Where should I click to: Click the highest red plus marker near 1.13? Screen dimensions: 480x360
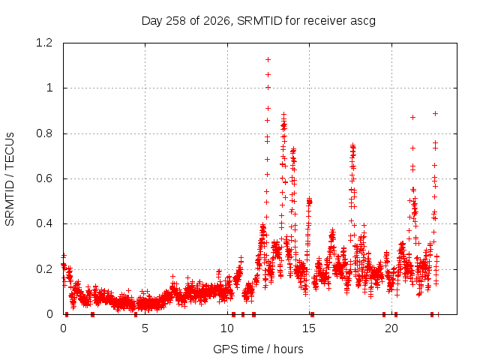pos(268,59)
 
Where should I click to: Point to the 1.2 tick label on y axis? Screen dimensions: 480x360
pos(44,43)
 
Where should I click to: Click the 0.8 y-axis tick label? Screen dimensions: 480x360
pos(44,133)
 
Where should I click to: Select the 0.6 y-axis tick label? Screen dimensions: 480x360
pos(44,178)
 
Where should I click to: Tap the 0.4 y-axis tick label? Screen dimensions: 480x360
pos(44,223)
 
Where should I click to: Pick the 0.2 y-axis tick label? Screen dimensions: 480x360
pos(44,269)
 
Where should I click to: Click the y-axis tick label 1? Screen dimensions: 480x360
pos(49,88)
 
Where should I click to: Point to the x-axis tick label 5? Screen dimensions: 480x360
pos(145,328)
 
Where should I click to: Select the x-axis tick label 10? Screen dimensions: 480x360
pos(227,328)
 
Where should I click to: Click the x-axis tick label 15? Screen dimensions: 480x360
pos(309,328)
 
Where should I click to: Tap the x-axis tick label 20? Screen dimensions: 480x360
pos(391,328)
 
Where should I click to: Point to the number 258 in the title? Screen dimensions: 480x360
pos(176,21)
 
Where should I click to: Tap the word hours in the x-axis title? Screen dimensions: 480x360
pos(289,349)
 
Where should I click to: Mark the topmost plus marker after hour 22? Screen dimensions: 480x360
pos(435,113)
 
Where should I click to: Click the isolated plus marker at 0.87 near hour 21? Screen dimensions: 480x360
pos(413,117)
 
